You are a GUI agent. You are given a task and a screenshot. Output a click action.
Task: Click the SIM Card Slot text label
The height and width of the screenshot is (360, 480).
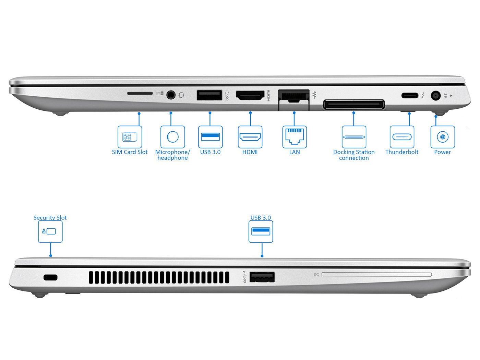(x=130, y=152)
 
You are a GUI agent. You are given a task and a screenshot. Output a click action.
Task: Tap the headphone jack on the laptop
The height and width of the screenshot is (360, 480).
(x=171, y=95)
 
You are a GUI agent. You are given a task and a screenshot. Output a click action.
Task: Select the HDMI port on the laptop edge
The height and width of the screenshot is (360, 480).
(x=250, y=95)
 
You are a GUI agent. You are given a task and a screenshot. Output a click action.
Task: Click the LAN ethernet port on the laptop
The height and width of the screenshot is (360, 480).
(x=294, y=96)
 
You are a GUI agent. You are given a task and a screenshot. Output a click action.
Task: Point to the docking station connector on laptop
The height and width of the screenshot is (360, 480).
(x=354, y=104)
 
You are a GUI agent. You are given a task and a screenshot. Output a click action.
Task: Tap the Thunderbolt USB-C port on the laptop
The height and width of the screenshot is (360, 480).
(x=410, y=95)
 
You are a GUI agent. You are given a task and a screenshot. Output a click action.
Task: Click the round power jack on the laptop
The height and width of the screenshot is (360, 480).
(x=436, y=95)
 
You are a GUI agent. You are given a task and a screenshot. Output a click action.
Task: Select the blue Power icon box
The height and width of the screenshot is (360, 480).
(x=443, y=137)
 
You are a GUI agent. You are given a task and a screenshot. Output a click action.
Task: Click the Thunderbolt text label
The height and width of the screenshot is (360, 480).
(x=402, y=152)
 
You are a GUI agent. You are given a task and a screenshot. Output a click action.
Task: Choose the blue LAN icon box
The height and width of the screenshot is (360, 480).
(x=295, y=137)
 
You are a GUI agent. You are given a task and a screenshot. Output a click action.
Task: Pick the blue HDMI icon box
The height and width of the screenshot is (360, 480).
(x=250, y=137)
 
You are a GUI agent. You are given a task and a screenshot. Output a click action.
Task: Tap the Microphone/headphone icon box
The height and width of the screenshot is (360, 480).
(x=172, y=137)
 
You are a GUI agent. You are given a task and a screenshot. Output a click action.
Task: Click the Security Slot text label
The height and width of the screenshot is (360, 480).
(x=50, y=217)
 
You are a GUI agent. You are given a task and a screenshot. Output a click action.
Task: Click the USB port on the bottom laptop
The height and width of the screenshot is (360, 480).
(x=262, y=277)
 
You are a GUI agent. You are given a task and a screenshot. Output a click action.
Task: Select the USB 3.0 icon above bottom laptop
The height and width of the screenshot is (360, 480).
(x=261, y=231)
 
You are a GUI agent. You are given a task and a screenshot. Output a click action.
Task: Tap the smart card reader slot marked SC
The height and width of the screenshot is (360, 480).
(x=376, y=274)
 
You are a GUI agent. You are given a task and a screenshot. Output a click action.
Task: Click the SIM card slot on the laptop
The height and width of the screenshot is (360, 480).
(x=140, y=93)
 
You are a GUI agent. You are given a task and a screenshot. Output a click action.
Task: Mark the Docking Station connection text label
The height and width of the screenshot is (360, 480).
(x=354, y=155)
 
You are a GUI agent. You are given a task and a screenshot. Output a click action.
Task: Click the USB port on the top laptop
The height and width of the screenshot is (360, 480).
(x=209, y=95)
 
